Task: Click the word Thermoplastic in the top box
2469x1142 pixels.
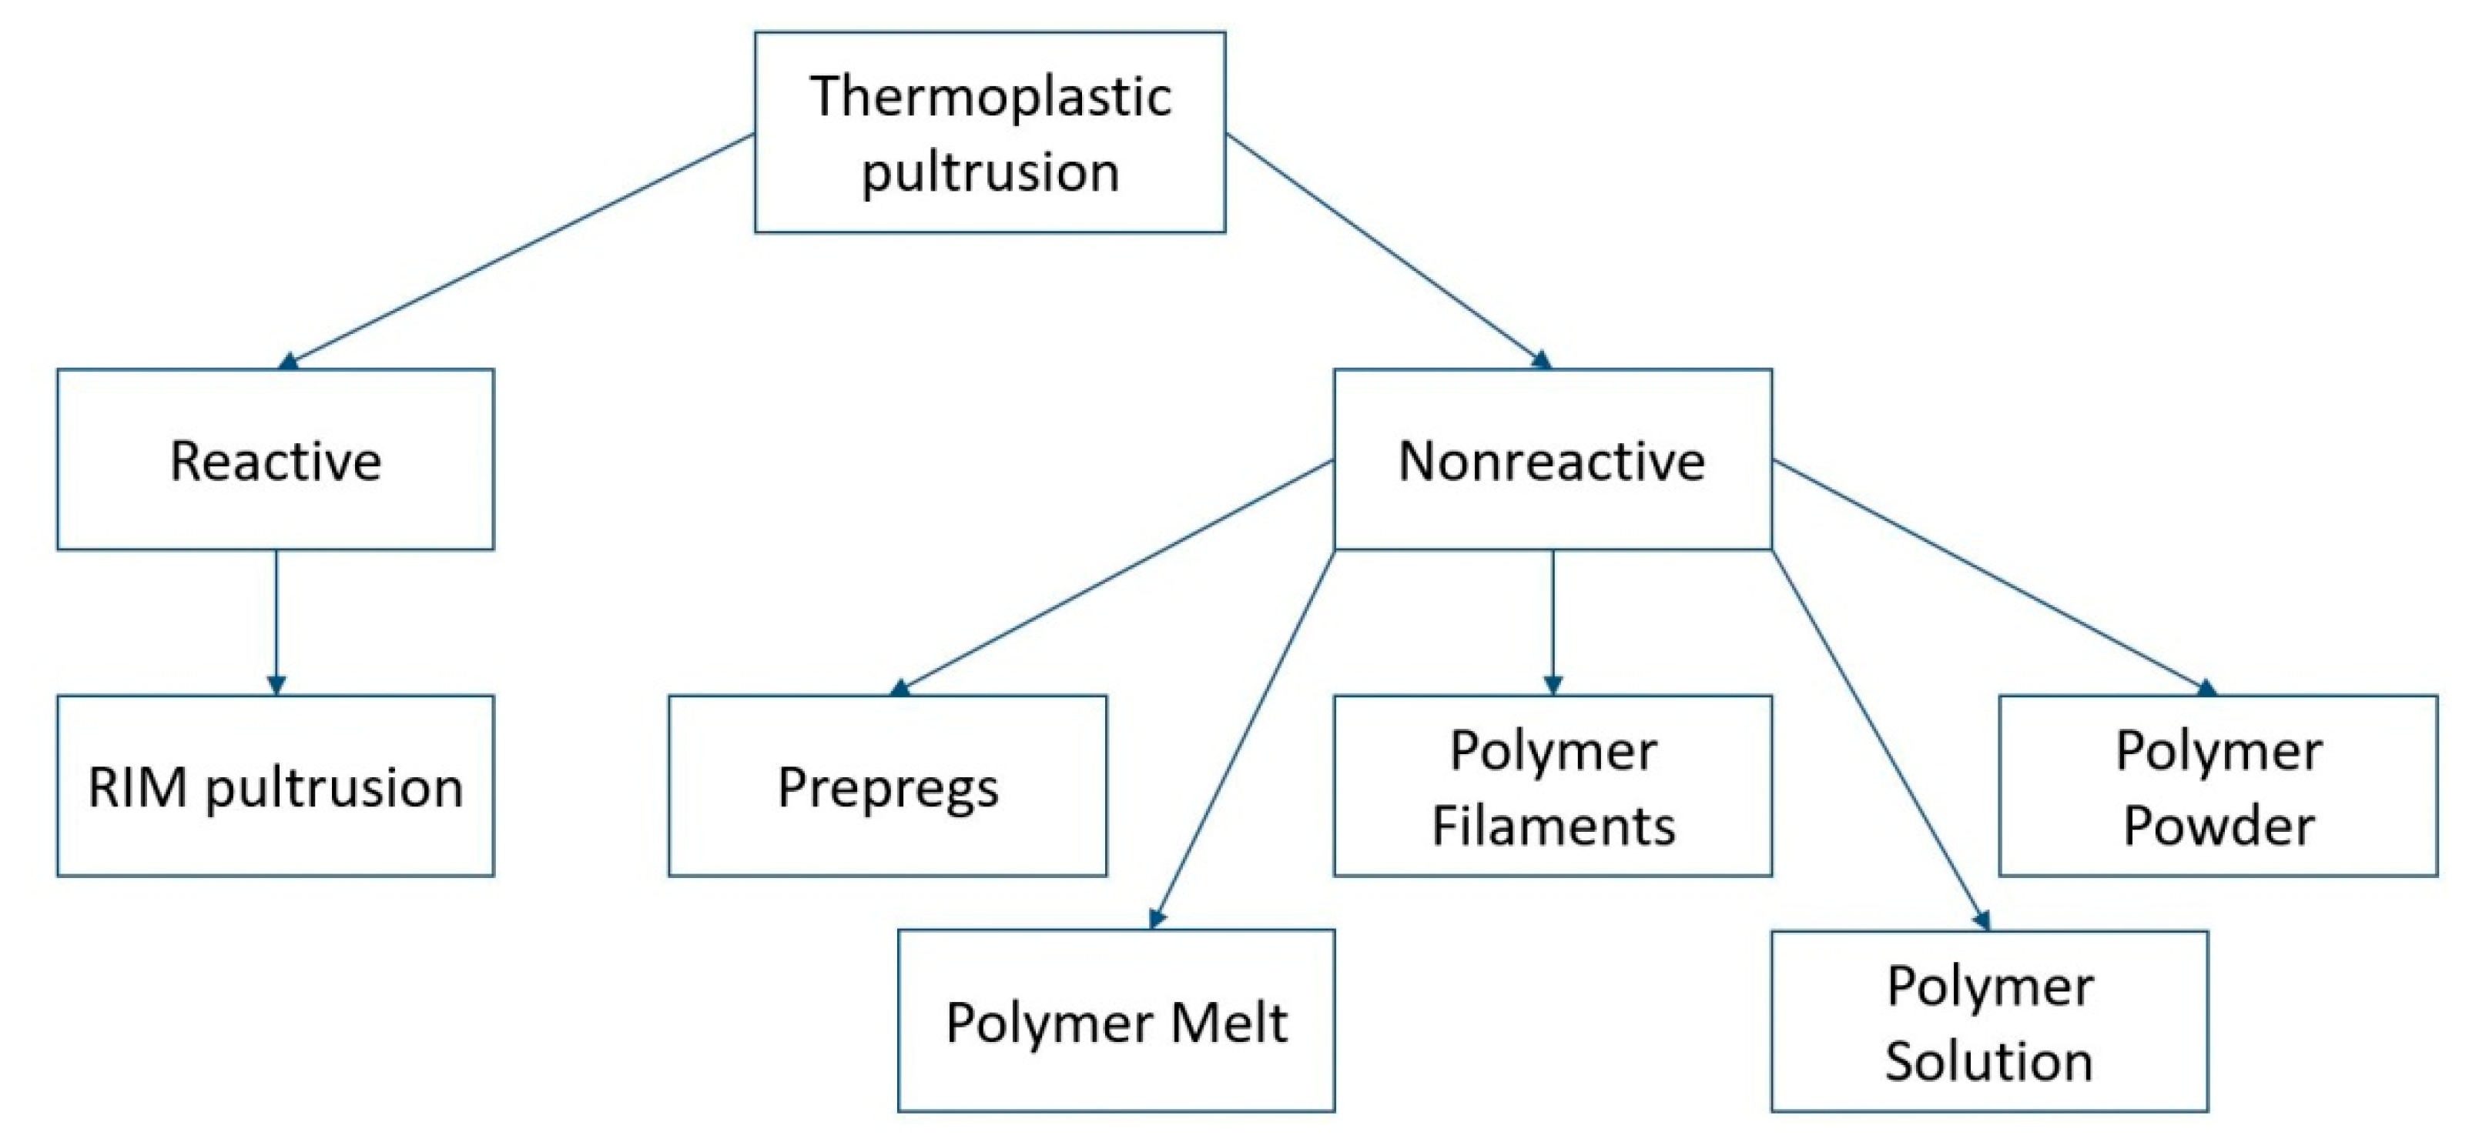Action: [x=990, y=97]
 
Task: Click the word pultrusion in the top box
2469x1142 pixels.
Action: [x=990, y=173]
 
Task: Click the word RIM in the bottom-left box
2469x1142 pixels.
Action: [x=137, y=787]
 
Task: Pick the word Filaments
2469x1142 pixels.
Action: [x=1553, y=825]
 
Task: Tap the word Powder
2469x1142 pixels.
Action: [x=2219, y=825]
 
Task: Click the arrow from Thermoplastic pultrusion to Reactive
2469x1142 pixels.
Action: [x=518, y=251]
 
